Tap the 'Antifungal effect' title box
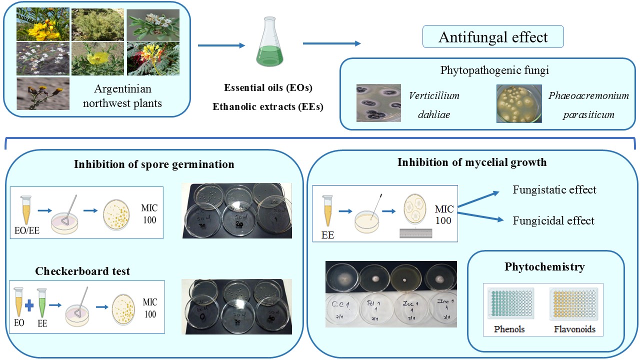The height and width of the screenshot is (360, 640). (x=493, y=37)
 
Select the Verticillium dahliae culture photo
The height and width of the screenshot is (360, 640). (x=378, y=103)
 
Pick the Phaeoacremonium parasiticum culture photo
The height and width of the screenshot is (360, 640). (x=518, y=103)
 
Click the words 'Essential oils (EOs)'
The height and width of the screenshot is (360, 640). (x=268, y=88)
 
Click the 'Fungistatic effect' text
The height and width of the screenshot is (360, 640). (x=554, y=190)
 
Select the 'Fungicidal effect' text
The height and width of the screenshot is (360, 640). (x=553, y=220)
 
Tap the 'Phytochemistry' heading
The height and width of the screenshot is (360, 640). (x=544, y=267)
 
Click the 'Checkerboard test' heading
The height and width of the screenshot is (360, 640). (x=82, y=271)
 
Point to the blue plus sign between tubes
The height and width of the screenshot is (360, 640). (x=29, y=305)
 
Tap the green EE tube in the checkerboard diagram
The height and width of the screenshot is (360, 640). (x=42, y=302)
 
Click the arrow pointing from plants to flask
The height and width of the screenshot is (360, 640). (x=221, y=45)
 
